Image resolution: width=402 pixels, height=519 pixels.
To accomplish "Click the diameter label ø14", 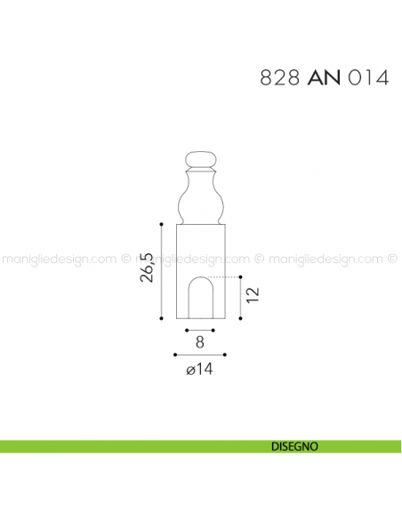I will tap(200, 369).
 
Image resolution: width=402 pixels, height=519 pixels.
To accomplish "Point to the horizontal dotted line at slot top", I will tap(229, 278).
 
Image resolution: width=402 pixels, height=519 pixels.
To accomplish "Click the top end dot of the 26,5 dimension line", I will tap(161, 223).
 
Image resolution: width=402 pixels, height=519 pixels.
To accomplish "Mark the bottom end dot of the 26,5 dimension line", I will tap(161, 317).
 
